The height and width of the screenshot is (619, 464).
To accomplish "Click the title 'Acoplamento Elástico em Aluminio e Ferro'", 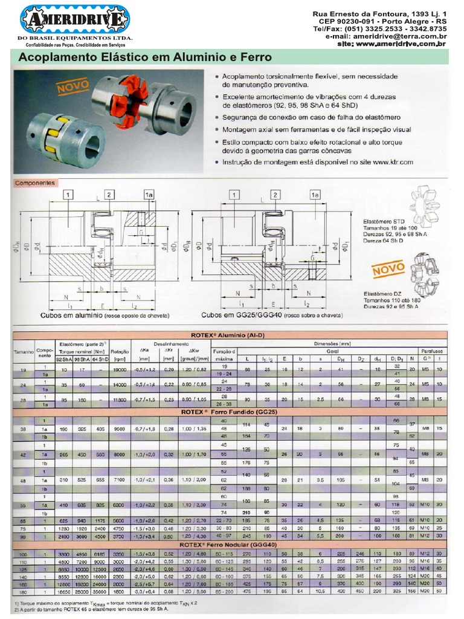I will tap(146, 58).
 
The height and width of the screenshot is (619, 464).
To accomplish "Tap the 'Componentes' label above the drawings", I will tap(35, 182).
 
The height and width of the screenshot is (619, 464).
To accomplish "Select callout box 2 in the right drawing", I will tap(275, 195).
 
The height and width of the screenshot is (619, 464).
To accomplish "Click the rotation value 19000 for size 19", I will tap(120, 370).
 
